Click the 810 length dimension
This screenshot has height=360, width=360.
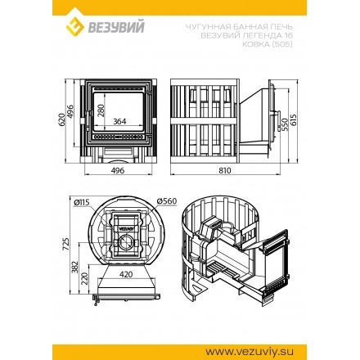[225, 173]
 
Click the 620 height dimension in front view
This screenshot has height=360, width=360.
[61, 119]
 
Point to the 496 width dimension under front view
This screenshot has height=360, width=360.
[117, 173]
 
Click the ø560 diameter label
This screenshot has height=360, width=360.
[165, 200]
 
